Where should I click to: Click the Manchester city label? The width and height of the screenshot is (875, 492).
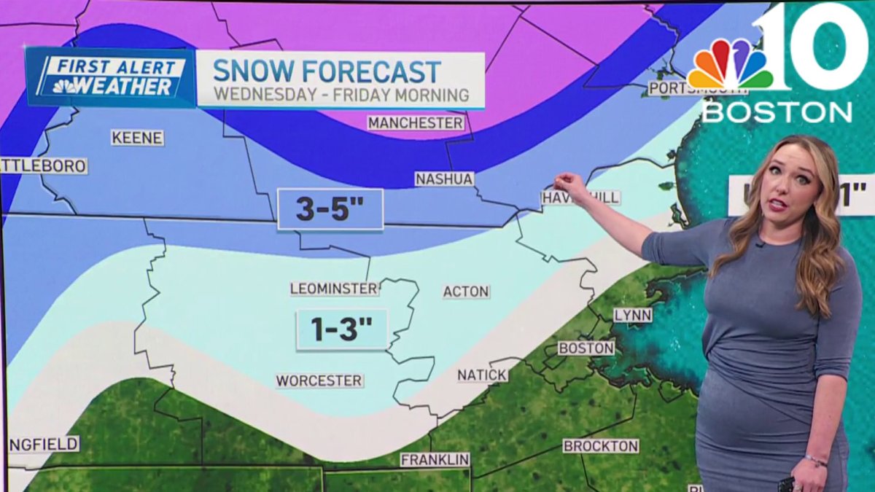tap(416, 122)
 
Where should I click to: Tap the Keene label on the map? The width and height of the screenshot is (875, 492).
tap(137, 138)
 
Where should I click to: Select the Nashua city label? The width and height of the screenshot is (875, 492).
tap(444, 179)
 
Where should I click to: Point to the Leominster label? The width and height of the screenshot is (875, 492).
tap(335, 289)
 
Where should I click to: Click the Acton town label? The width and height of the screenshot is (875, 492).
tap(466, 292)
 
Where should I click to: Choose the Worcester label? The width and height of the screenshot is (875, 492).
tap(319, 380)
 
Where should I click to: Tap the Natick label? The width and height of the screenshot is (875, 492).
tap(482, 375)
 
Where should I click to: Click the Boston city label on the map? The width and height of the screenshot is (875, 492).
tap(586, 348)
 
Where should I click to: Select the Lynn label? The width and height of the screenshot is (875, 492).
tap(632, 315)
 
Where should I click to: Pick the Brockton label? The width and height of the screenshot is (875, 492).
tap(601, 445)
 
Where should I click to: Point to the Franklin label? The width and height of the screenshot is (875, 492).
tap(435, 460)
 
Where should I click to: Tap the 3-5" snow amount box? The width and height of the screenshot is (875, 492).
tap(330, 209)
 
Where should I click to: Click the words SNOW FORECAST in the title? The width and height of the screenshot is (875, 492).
tap(327, 71)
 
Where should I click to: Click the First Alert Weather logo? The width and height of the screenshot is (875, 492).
tap(111, 77)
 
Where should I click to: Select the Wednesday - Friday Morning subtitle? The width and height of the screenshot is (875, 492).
tap(341, 95)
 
